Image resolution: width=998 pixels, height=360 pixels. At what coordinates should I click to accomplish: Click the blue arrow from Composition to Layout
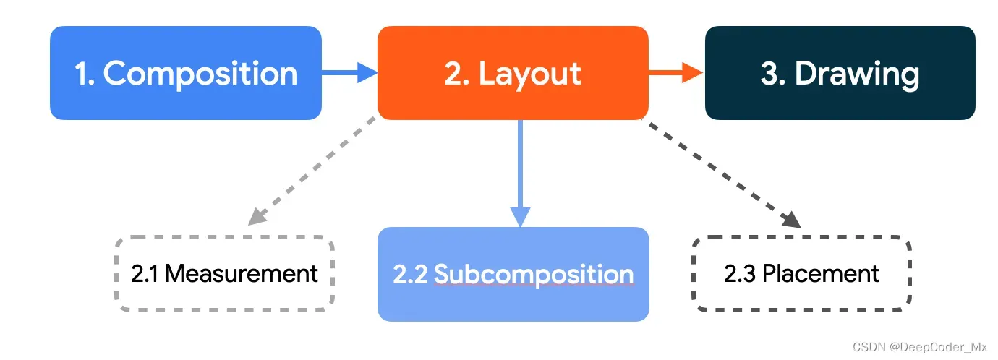pos(349,72)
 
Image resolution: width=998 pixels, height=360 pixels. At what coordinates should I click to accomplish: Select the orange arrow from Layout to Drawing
pos(675,72)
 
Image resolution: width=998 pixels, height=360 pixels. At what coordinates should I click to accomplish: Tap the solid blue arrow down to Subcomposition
pos(520,173)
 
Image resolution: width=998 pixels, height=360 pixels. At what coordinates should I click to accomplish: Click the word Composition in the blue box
pos(200,74)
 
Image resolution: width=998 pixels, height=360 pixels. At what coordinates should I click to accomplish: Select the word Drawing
pos(857,74)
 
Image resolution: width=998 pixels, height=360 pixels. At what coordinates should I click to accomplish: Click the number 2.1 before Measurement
pos(147,274)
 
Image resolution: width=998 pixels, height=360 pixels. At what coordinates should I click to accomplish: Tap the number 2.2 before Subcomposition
pos(411,275)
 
